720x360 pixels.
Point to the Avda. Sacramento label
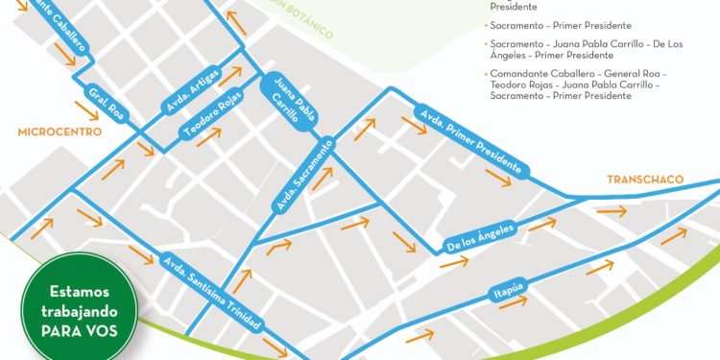click(x=304, y=174)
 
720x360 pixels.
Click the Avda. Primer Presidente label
click(x=470, y=141)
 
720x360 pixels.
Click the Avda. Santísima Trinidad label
click(x=210, y=292)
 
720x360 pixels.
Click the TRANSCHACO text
click(x=639, y=180)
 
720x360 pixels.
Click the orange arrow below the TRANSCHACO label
click(x=611, y=210)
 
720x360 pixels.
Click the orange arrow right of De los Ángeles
click(x=542, y=225)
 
